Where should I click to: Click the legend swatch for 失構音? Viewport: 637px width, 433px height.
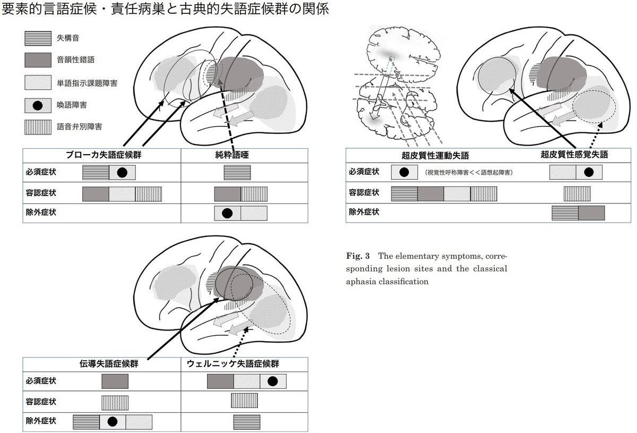pyautogui.click(x=38, y=38)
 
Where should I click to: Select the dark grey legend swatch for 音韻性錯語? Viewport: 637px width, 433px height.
pyautogui.click(x=38, y=60)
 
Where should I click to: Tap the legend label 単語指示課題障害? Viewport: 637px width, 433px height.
pyautogui.click(x=87, y=83)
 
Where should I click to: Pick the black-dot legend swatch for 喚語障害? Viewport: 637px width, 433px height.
pyautogui.click(x=38, y=106)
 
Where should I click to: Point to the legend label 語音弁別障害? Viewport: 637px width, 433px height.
pyautogui.click(x=79, y=126)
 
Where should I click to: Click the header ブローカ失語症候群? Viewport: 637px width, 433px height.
pyautogui.click(x=104, y=155)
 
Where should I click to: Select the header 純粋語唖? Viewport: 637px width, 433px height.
pyautogui.click(x=232, y=155)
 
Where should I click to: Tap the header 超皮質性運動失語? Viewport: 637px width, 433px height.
pyautogui.click(x=435, y=156)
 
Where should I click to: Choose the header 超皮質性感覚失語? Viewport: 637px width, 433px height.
pyautogui.click(x=574, y=155)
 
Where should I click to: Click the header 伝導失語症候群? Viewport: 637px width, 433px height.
pyautogui.click(x=109, y=364)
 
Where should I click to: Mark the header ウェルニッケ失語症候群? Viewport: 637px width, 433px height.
pyautogui.click(x=233, y=364)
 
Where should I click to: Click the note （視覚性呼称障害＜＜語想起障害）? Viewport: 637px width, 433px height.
pyautogui.click(x=469, y=173)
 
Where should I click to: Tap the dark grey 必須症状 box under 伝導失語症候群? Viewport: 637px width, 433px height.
pyautogui.click(x=115, y=381)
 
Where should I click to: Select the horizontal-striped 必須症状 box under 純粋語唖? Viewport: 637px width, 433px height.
pyautogui.click(x=237, y=173)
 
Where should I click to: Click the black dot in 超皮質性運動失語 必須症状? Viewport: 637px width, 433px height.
pyautogui.click(x=404, y=172)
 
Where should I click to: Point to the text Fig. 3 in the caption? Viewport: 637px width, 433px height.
pyautogui.click(x=358, y=256)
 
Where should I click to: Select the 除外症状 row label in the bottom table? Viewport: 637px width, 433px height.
pyautogui.click(x=41, y=421)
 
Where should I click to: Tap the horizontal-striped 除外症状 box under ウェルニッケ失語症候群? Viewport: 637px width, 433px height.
pyautogui.click(x=247, y=422)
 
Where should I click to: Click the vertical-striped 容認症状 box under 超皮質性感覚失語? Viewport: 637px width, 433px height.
pyautogui.click(x=578, y=194)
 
